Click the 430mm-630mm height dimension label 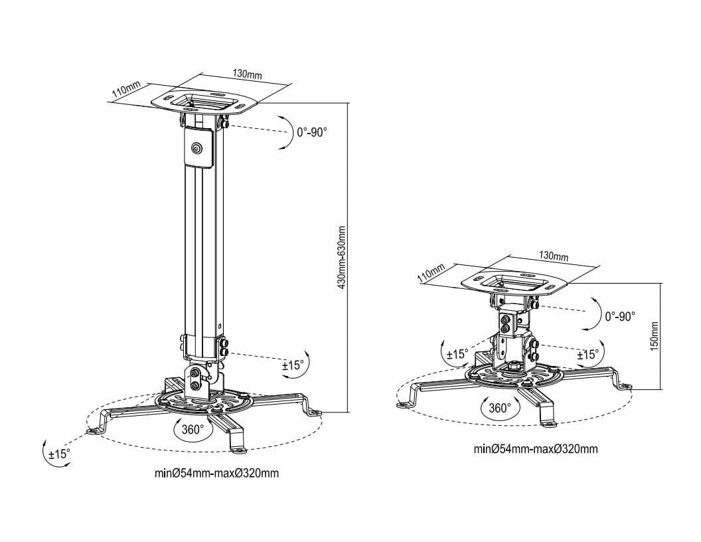tap(342, 257)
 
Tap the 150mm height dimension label tap(654, 336)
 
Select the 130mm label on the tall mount tap(247, 74)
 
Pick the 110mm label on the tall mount tap(127, 90)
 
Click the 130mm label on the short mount tap(554, 256)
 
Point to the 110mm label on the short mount tap(431, 272)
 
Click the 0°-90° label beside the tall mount tap(312, 132)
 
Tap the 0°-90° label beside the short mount tap(620, 317)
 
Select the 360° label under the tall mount tap(193, 430)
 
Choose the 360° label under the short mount tap(499, 408)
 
